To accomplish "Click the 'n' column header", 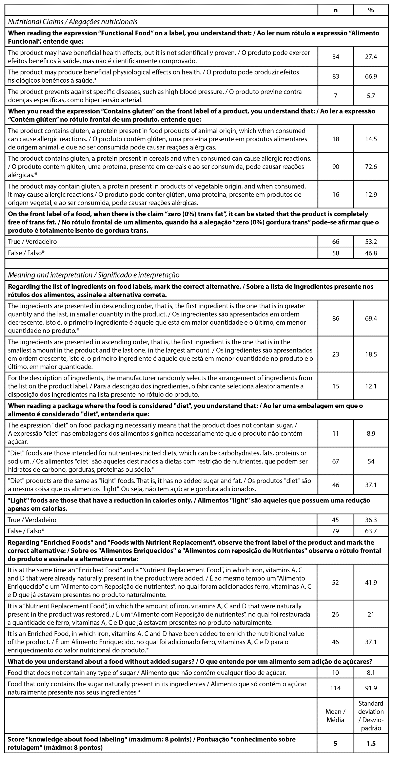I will pyautogui.click(x=336, y=10).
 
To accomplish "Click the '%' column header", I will pyautogui.click(x=371, y=10).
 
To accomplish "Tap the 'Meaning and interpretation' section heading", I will pyautogui.click(x=94, y=275).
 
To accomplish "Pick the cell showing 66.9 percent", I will pyautogui.click(x=371, y=76).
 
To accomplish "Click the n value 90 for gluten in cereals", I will pyautogui.click(x=336, y=167).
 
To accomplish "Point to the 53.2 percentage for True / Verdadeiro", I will pyautogui.click(x=371, y=242).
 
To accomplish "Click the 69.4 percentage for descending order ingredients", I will pyautogui.click(x=371, y=318).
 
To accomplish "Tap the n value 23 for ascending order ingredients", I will pyautogui.click(x=336, y=354).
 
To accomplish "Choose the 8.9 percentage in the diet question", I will pyautogui.click(x=371, y=433).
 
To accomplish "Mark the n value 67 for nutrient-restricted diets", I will pyautogui.click(x=336, y=461).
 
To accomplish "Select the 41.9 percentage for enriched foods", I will pyautogui.click(x=371, y=582).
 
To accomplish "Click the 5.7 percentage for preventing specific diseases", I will pyautogui.click(x=371, y=96).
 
